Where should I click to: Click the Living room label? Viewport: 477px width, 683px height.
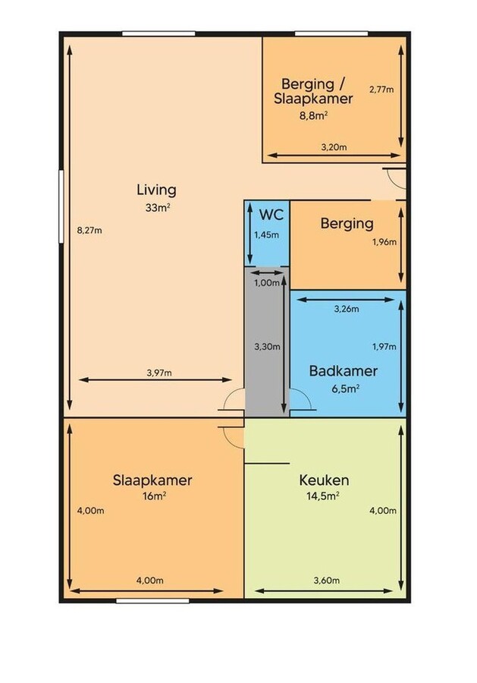[156, 190]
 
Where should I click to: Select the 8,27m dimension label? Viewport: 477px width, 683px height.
[89, 231]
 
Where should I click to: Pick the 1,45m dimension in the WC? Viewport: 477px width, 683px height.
[267, 234]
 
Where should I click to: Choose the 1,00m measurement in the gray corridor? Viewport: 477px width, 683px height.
[267, 282]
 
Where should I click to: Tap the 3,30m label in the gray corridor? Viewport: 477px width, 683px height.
[268, 347]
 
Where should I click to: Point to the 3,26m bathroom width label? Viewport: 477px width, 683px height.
[346, 309]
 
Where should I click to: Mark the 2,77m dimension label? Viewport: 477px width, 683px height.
[381, 90]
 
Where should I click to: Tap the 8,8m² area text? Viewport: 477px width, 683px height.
[314, 116]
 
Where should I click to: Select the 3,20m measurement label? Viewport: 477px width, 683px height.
[334, 146]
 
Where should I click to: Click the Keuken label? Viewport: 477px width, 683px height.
[324, 480]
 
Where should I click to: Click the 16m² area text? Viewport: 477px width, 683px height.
[152, 496]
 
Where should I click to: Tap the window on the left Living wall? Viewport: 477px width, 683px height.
[60, 206]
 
